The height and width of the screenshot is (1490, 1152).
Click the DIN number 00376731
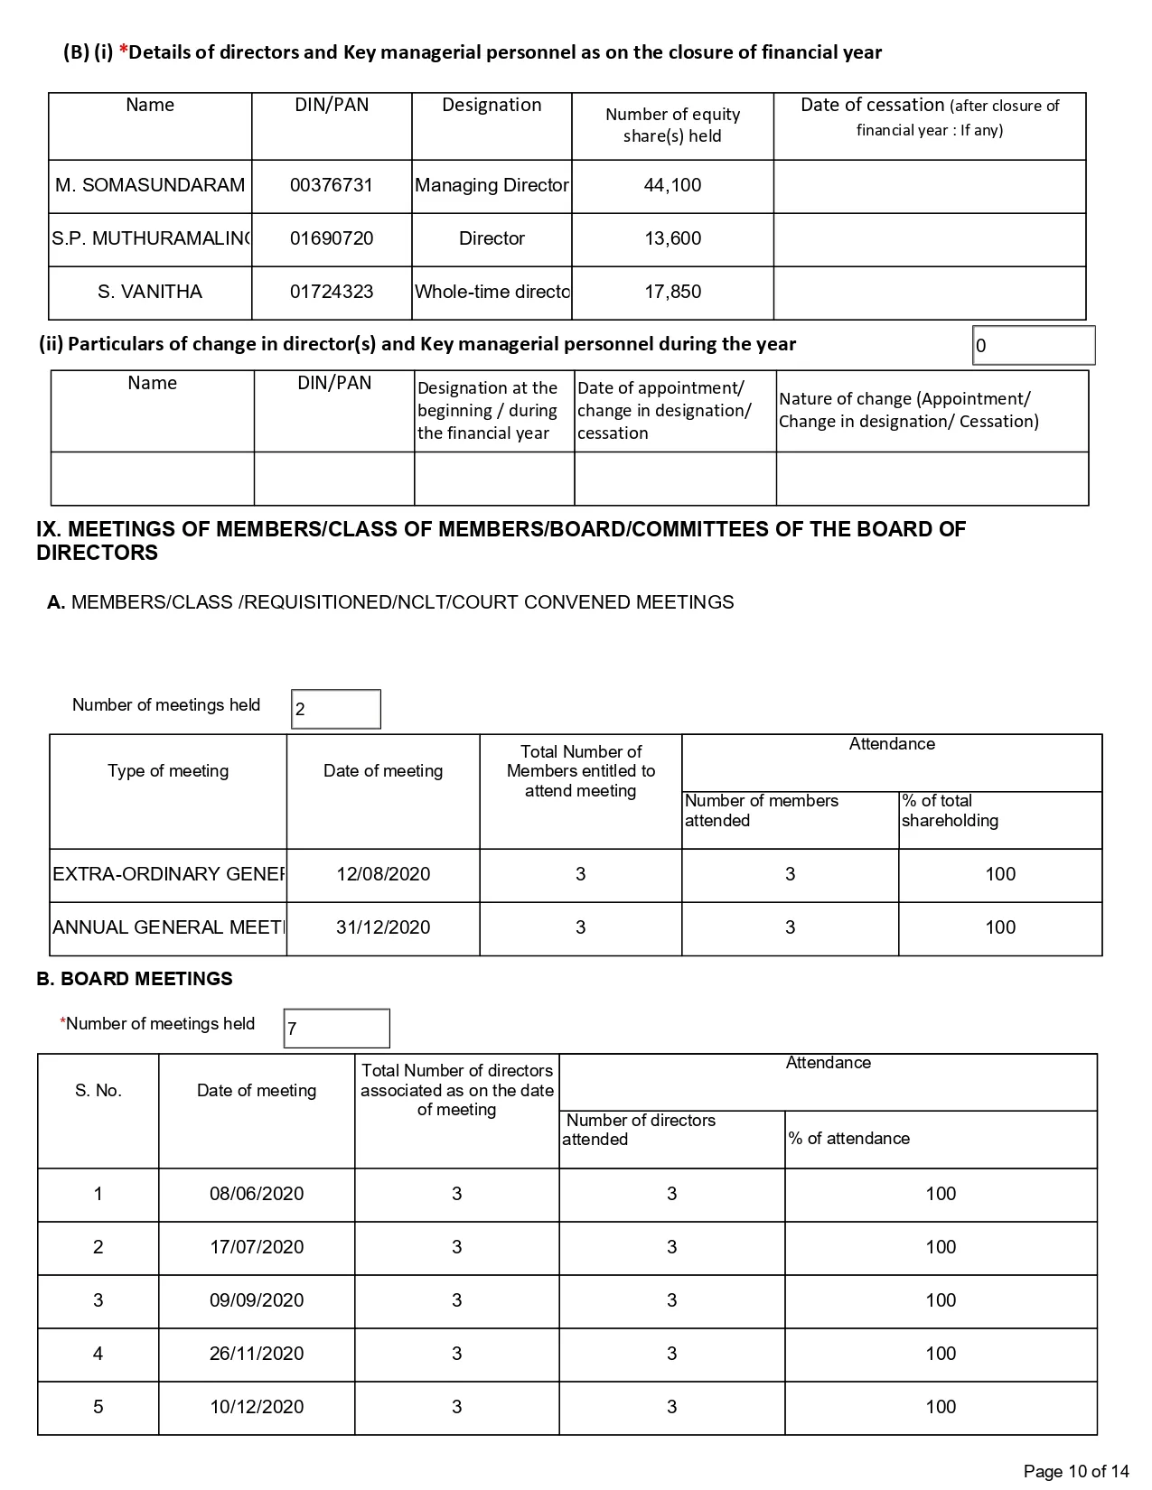click(331, 186)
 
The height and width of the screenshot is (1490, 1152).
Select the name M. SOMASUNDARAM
click(150, 186)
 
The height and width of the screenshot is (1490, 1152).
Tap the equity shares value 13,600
click(672, 239)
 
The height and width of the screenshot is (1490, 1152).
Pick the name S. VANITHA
click(150, 293)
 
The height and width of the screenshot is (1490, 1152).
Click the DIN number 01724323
click(331, 293)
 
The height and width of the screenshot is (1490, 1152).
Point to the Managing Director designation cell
click(492, 186)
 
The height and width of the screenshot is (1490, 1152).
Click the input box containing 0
click(1034, 346)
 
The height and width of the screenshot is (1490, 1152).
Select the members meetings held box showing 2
click(336, 710)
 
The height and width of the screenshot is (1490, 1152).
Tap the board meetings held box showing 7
click(336, 1029)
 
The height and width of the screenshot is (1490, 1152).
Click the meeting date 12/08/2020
click(383, 874)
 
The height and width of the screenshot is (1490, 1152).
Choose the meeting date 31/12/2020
click(383, 927)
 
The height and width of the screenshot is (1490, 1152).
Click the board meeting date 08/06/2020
click(257, 1194)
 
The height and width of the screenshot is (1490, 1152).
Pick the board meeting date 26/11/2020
click(257, 1354)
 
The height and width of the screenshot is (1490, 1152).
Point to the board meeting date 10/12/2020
click(257, 1407)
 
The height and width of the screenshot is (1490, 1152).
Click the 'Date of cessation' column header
click(930, 117)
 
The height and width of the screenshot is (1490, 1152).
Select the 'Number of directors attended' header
click(640, 1130)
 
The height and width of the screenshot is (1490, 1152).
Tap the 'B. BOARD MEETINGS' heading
click(135, 979)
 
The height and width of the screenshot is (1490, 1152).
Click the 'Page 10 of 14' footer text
click(1076, 1472)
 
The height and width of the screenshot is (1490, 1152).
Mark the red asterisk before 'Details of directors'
click(124, 51)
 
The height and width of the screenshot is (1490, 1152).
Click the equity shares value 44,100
click(672, 186)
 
